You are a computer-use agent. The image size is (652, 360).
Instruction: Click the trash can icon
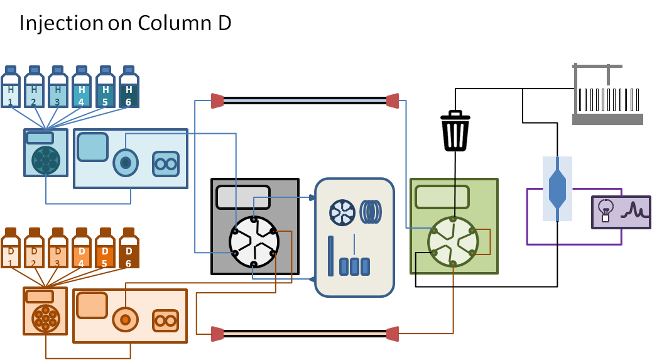point(455,131)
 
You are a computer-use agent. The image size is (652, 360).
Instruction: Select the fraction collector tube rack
point(609,99)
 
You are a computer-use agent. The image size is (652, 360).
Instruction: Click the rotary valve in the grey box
point(254,241)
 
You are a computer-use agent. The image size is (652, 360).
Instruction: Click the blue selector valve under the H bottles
point(45,160)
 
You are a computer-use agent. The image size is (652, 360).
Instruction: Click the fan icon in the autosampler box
point(342,212)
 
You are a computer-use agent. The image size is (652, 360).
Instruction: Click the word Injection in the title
point(61,23)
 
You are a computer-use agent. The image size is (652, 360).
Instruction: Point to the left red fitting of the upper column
point(217,101)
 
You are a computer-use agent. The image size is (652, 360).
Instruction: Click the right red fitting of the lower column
point(392,333)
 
